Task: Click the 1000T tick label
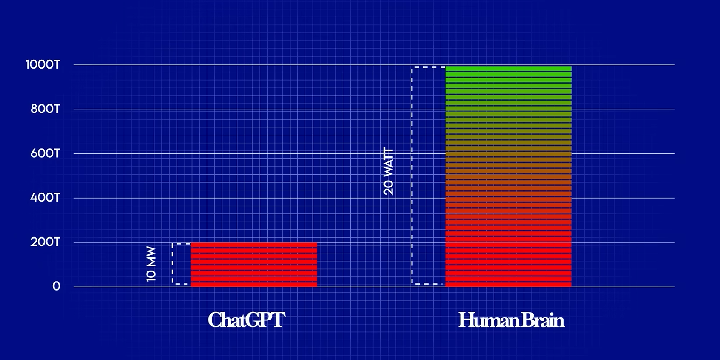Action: click(43, 65)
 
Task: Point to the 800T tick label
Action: click(45, 109)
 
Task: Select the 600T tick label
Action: click(45, 153)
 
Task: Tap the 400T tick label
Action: click(45, 198)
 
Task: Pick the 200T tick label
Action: click(45, 242)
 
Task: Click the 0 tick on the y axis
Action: click(56, 286)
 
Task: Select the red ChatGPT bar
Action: click(254, 265)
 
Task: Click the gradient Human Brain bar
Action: click(509, 176)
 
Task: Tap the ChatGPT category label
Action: click(247, 320)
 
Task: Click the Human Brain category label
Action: click(511, 320)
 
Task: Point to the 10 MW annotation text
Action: click(151, 264)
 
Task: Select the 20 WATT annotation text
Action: click(389, 172)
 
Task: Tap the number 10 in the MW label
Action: click(151, 276)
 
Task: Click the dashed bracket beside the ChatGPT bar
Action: click(172, 264)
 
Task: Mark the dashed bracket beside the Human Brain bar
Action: click(412, 176)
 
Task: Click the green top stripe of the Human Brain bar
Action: click(509, 69)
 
